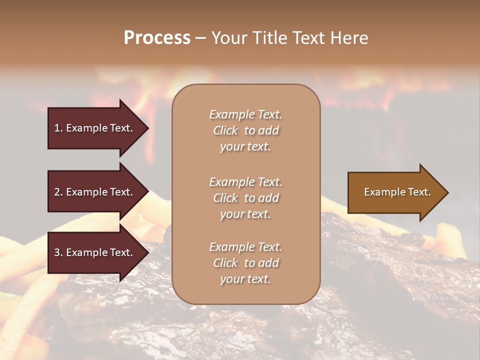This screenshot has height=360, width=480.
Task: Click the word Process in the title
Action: pyautogui.click(x=157, y=38)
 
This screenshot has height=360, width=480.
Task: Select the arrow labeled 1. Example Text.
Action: pyautogui.click(x=95, y=128)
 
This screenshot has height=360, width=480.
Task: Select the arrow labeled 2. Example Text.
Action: pyautogui.click(x=95, y=192)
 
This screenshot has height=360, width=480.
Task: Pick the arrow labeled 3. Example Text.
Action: pyautogui.click(x=95, y=252)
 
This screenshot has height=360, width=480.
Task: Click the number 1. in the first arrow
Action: pyautogui.click(x=58, y=128)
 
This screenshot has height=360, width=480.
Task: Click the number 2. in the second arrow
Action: pyautogui.click(x=58, y=192)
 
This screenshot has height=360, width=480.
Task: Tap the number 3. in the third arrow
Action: pyautogui.click(x=58, y=252)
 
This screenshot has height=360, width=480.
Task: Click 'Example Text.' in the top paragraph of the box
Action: pyautogui.click(x=245, y=114)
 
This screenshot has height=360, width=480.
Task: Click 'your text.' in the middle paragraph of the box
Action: pyautogui.click(x=245, y=214)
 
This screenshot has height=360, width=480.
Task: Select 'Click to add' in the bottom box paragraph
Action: pyautogui.click(x=245, y=263)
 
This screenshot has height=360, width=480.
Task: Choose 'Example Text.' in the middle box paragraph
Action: pyautogui.click(x=245, y=182)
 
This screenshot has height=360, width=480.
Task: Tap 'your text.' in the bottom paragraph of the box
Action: pyautogui.click(x=245, y=279)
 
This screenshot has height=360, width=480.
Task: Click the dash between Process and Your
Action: pyautogui.click(x=201, y=38)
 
